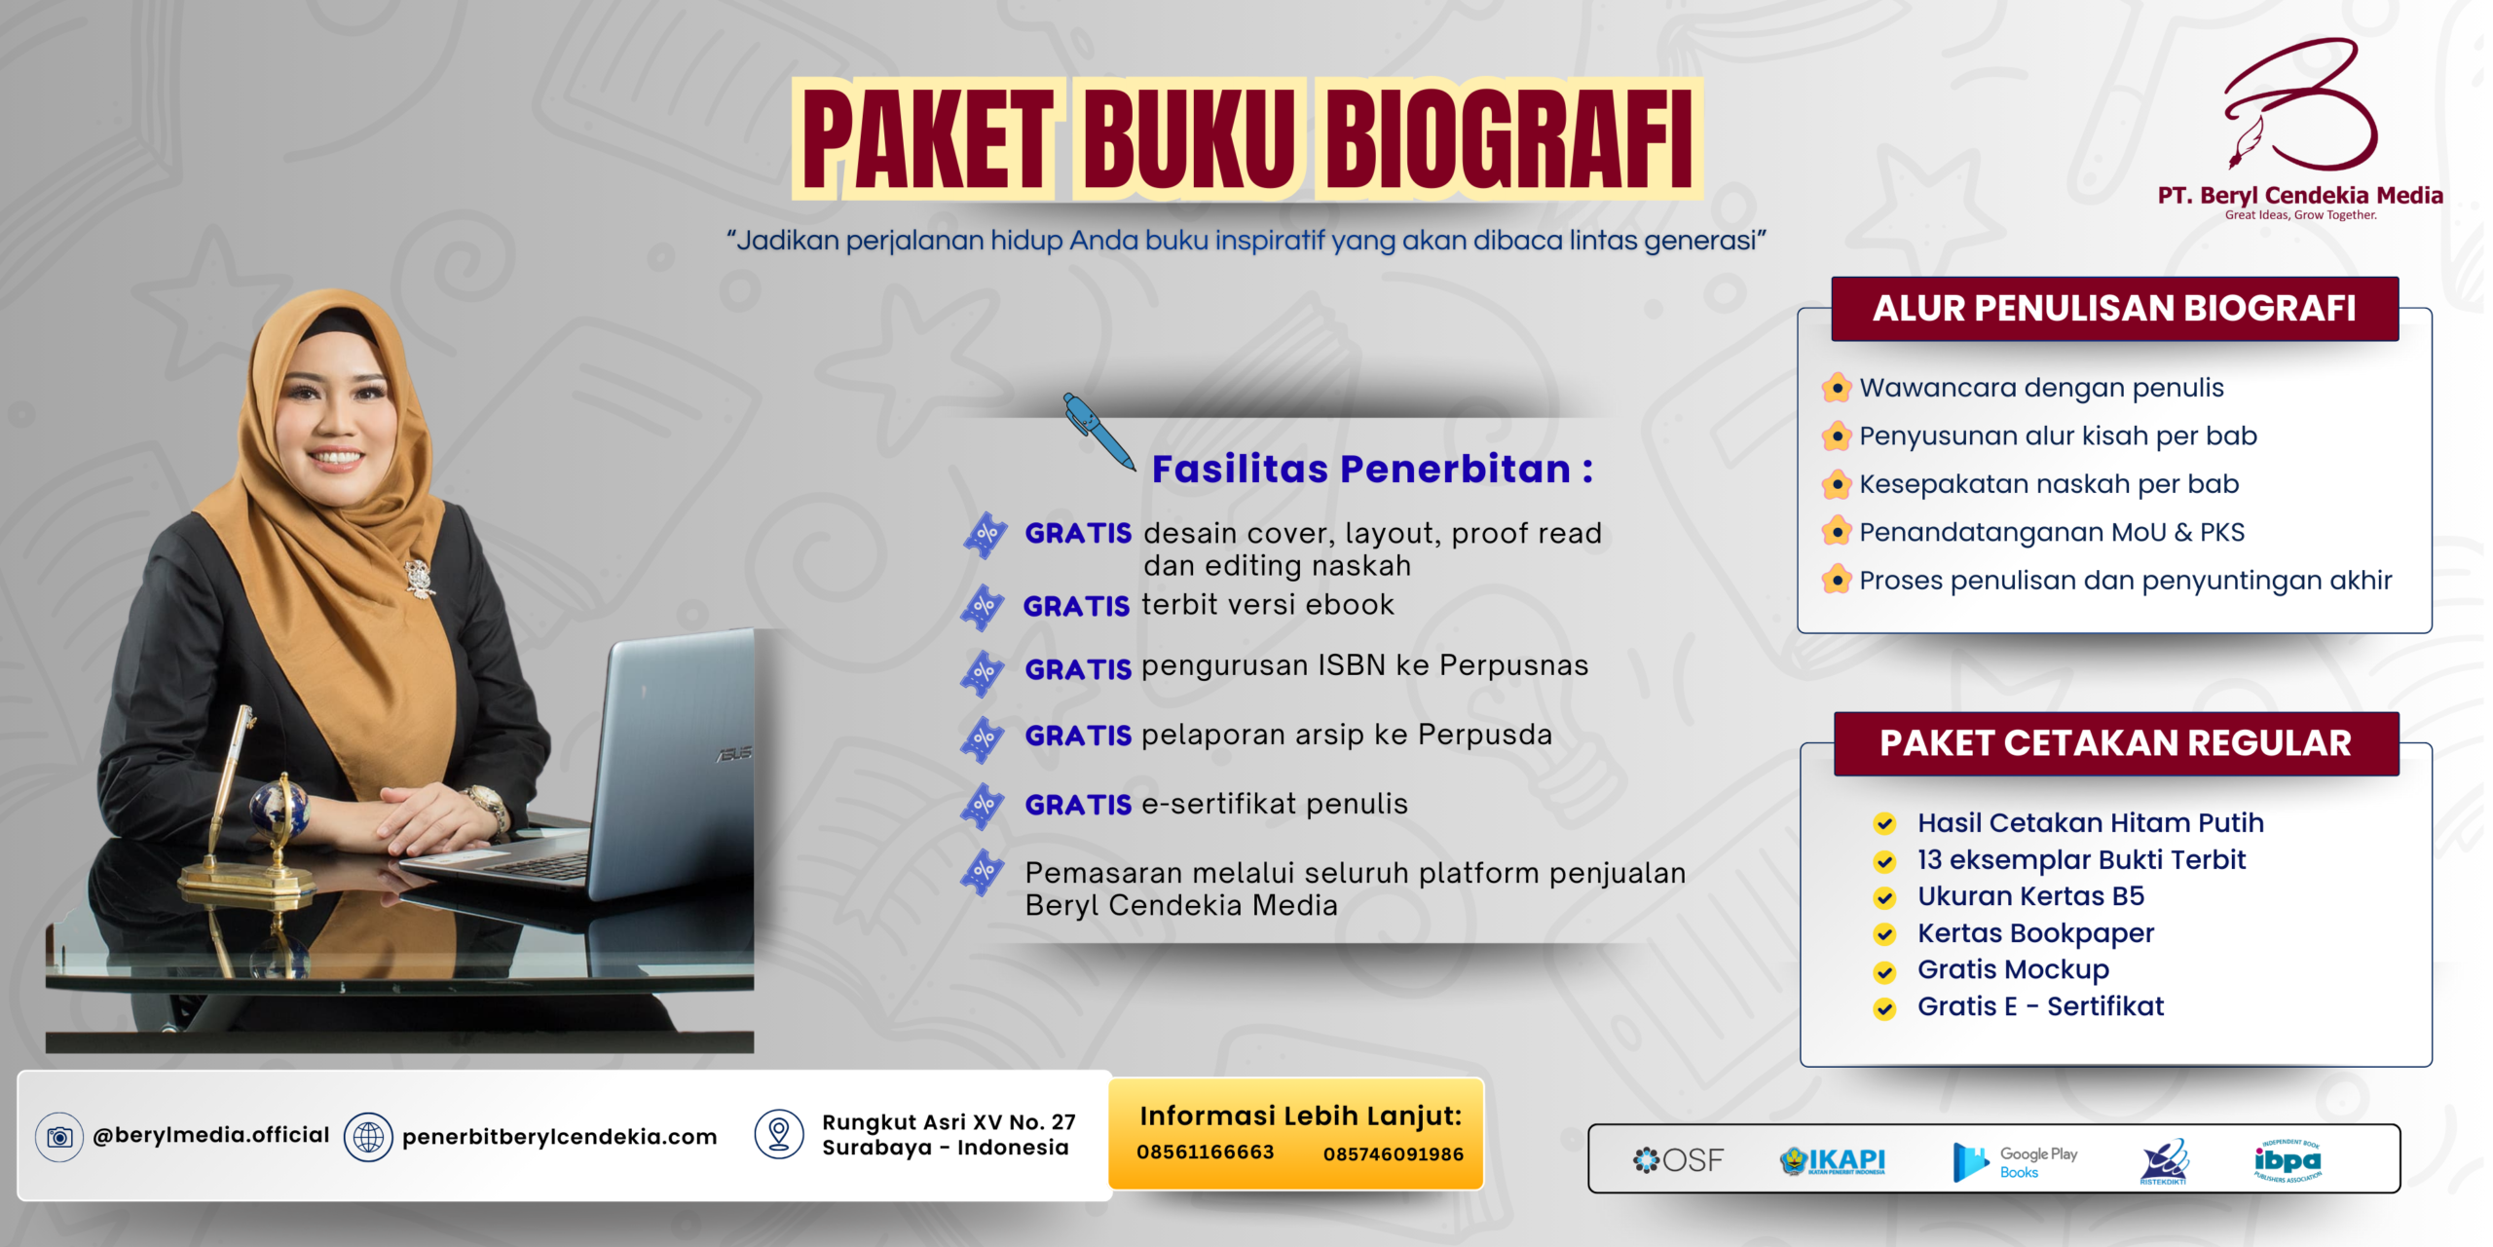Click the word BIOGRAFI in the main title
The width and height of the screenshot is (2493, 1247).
1508,138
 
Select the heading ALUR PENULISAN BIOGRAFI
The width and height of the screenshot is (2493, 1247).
2114,308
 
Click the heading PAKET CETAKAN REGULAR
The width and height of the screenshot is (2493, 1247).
2115,742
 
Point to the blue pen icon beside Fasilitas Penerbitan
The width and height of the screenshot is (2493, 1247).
1098,432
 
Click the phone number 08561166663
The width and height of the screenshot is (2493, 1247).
1206,1152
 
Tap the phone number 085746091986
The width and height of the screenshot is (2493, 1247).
1394,1153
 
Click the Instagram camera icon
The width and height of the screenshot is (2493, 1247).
59,1137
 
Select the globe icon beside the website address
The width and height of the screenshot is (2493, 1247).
368,1137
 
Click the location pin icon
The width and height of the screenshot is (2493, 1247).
779,1134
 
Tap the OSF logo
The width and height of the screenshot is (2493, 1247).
1678,1159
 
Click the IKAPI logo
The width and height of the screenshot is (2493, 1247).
1833,1160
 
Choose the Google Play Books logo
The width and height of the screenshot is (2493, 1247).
2015,1161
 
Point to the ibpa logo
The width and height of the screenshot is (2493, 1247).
2288,1160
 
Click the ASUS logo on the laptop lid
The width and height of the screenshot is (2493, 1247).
735,753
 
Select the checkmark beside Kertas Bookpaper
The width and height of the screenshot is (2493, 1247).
1884,934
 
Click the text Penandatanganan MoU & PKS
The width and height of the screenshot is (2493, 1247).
2052,532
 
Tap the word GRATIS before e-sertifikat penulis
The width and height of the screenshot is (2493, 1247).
1078,805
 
